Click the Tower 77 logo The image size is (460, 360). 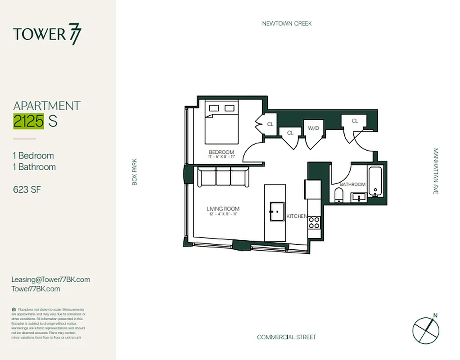(47, 34)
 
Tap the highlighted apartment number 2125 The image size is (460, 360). (29, 121)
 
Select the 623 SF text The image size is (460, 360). (27, 189)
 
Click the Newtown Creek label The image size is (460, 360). (287, 23)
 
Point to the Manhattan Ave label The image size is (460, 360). (435, 171)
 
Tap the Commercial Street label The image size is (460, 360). (286, 337)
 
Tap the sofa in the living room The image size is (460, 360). (223, 176)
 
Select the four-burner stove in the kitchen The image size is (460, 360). (314, 222)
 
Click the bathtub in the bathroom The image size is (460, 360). (375, 182)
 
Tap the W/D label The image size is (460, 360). (313, 128)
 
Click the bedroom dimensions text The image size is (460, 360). (221, 157)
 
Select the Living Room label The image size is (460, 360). (223, 209)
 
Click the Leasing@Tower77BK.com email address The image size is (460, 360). (50, 279)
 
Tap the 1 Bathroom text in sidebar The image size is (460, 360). (34, 167)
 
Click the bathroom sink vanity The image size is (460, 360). (359, 197)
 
